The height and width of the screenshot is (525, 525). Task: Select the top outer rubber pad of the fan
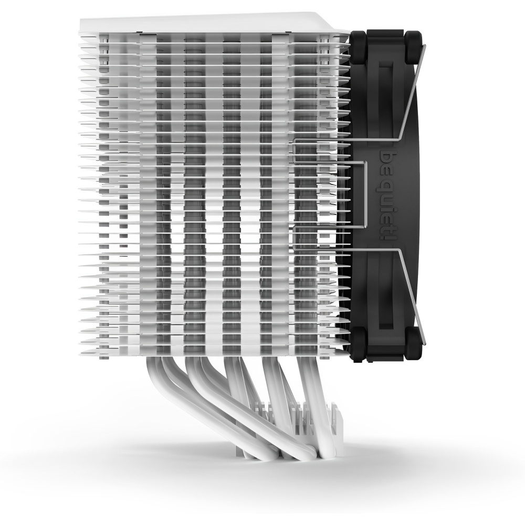pos(414,47)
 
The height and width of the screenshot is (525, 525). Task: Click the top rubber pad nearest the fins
pos(358,47)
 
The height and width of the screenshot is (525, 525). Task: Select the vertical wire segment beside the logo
pos(368,194)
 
